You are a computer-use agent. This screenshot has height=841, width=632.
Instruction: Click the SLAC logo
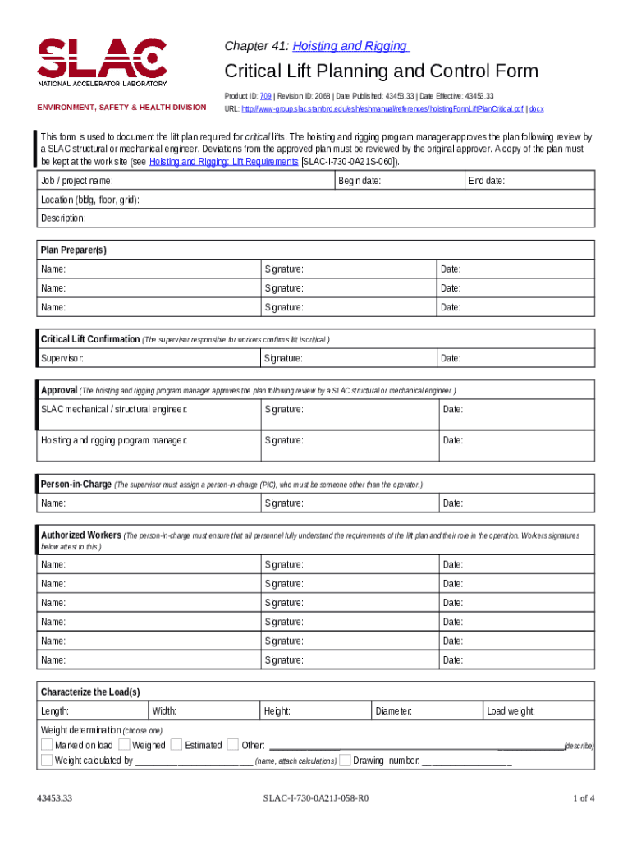(x=102, y=62)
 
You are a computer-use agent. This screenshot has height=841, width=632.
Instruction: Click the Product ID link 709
(x=266, y=96)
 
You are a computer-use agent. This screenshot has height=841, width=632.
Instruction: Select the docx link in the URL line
(x=535, y=108)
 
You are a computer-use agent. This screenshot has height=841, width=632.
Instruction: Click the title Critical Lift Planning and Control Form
(x=382, y=71)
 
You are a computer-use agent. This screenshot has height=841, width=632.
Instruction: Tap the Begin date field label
(x=360, y=181)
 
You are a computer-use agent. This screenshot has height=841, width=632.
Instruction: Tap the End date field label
(x=486, y=181)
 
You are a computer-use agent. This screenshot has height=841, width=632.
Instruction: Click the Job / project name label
(x=77, y=181)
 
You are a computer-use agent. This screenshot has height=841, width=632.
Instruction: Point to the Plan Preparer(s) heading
(x=74, y=250)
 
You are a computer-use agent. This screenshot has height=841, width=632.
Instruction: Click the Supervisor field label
(x=62, y=358)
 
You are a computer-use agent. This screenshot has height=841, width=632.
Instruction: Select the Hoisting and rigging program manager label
(x=114, y=440)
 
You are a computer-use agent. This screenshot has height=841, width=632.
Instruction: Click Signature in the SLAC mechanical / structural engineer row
(x=284, y=409)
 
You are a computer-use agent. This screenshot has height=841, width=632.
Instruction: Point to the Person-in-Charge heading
(x=76, y=485)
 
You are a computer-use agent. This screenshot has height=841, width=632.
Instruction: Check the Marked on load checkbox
(x=47, y=745)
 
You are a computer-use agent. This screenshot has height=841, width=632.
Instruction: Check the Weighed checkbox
(x=124, y=745)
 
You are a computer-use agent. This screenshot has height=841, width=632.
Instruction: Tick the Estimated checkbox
(x=176, y=745)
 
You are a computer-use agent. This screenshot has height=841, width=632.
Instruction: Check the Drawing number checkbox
(x=346, y=761)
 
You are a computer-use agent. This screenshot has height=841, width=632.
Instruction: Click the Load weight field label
(x=511, y=711)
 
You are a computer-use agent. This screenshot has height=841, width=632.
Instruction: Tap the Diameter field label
(x=393, y=711)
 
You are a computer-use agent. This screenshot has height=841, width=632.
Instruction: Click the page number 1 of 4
(x=583, y=798)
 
